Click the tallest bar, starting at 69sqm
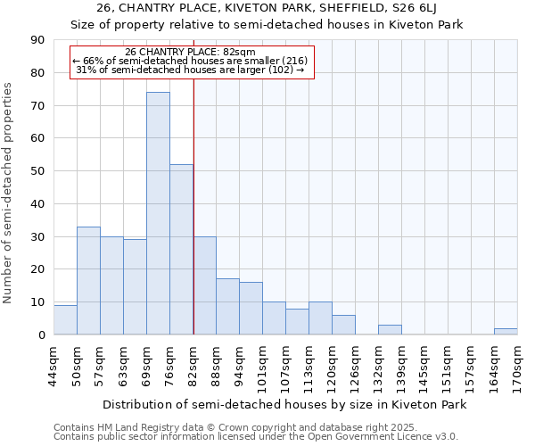(158, 214)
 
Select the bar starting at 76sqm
(181, 250)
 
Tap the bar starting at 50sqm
(88, 281)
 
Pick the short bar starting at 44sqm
(65, 320)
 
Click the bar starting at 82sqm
(204, 285)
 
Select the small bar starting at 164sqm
(506, 332)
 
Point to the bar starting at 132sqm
(390, 330)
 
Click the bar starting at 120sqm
(343, 326)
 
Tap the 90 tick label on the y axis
(37, 40)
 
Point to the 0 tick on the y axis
(41, 335)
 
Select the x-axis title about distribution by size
(284, 404)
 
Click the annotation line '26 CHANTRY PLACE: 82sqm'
(191, 52)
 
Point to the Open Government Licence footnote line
(256, 437)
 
